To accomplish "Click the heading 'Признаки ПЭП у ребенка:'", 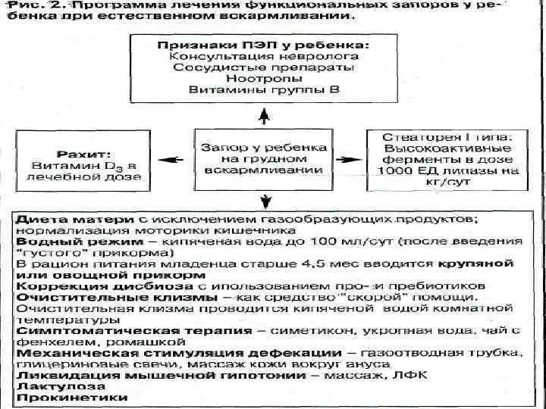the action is point(263,45).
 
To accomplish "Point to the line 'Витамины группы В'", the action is point(263,90).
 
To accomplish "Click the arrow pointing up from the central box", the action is point(263,115).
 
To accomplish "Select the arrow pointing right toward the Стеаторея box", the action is point(351,160).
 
